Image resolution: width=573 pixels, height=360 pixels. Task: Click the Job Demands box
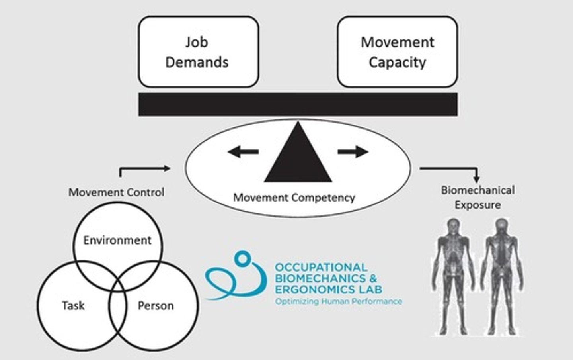coord(198,52)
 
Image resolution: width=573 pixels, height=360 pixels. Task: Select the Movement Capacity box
coord(397,52)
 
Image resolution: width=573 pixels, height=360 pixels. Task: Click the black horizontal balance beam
coord(298,104)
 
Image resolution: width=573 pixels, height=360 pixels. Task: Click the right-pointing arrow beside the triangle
coord(353,151)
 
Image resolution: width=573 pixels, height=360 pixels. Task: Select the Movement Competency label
coord(294,198)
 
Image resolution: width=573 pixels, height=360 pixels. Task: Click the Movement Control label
coord(116,192)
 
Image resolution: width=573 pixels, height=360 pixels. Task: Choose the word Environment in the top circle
coord(117,240)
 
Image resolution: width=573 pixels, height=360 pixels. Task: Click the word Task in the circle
coord(73,305)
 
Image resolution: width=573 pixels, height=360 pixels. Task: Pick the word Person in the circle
coord(156,305)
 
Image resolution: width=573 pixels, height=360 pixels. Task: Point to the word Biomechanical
coord(477,190)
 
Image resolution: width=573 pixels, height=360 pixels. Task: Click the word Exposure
coord(477,205)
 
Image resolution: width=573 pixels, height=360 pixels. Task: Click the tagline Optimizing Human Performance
coord(338,301)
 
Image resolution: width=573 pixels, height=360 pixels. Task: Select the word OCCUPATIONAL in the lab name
coord(321,267)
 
